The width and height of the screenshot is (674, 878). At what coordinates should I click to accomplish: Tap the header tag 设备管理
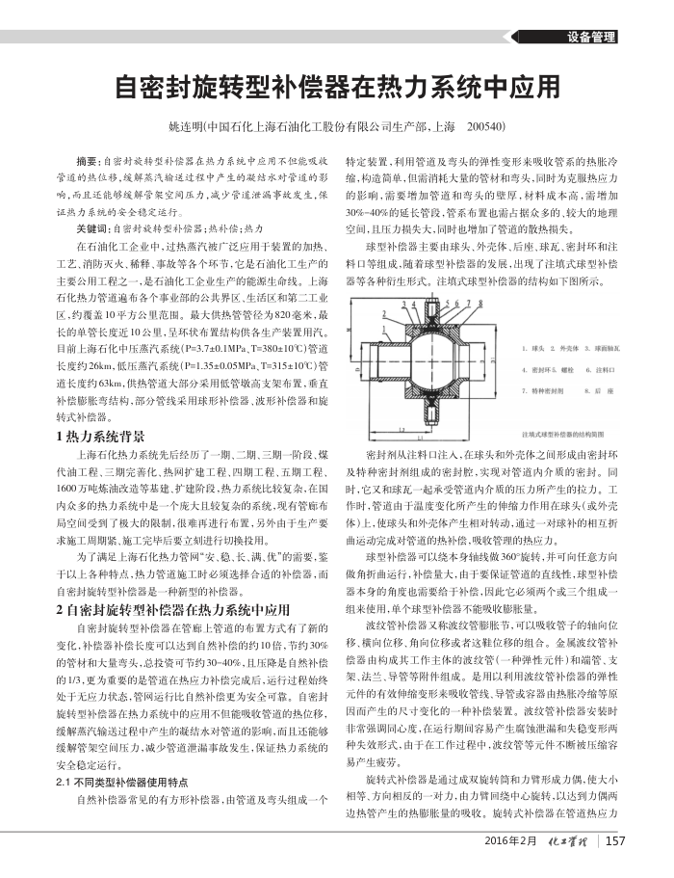coord(590,38)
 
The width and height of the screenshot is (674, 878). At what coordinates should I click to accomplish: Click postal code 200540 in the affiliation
coord(485,126)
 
